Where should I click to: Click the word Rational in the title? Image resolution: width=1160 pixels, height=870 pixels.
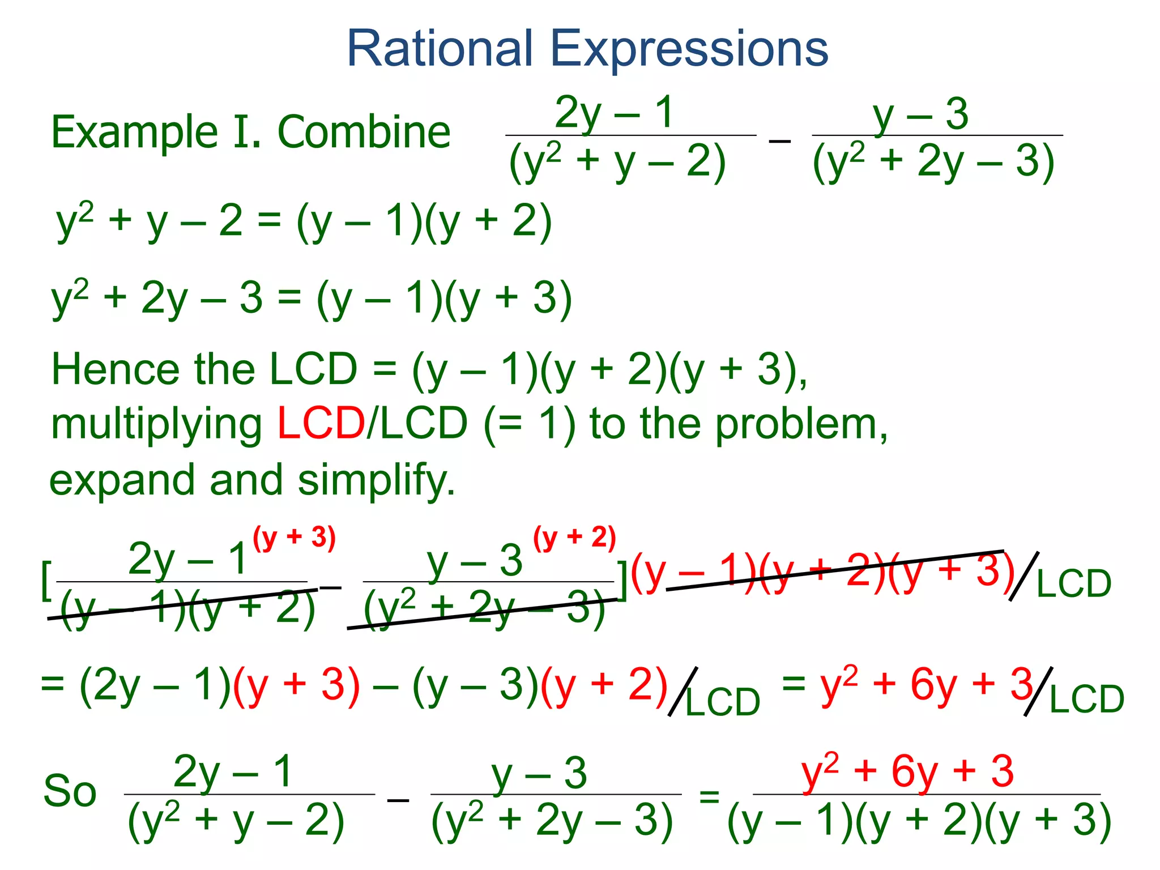point(440,49)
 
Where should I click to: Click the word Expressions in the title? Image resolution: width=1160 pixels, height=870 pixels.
point(689,50)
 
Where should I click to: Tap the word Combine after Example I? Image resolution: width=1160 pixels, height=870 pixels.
point(364,132)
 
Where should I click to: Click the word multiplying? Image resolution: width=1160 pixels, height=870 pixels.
point(156,426)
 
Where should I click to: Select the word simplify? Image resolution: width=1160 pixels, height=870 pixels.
point(376,480)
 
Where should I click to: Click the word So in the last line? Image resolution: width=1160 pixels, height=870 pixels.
point(70,791)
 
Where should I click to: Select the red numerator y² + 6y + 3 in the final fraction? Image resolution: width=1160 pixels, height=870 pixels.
point(907,771)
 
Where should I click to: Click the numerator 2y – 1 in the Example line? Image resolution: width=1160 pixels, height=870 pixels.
point(614,113)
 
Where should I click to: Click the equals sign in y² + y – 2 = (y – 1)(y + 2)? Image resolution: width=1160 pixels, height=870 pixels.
point(269,221)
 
